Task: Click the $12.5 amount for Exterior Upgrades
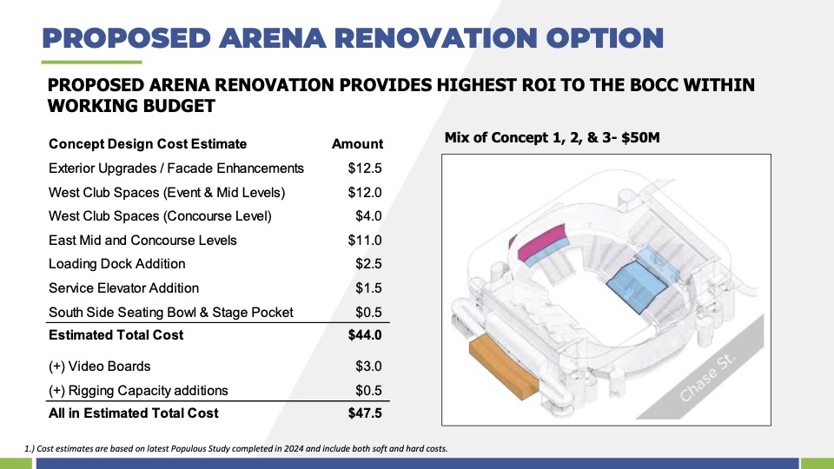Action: (365, 168)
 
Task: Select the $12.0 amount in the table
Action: (365, 193)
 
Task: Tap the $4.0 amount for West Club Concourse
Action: (368, 216)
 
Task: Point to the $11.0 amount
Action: (365, 241)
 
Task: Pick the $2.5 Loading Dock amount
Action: (368, 264)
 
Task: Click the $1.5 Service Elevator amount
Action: (368, 288)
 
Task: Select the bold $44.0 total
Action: (365, 335)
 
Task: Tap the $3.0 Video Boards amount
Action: (368, 367)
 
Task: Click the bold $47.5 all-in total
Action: (365, 413)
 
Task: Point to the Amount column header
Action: (357, 144)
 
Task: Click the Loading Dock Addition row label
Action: (117, 264)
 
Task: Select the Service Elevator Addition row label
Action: (124, 288)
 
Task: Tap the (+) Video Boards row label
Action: (99, 367)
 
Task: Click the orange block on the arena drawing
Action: (503, 367)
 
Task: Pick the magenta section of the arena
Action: (539, 241)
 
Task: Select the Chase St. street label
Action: (708, 377)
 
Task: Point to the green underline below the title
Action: (91, 63)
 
